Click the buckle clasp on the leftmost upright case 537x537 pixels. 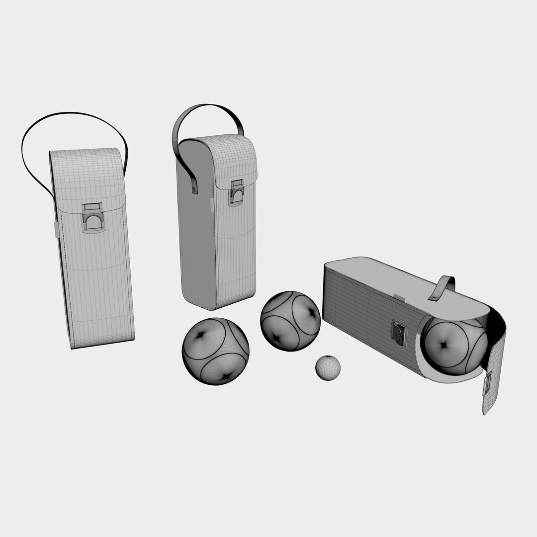click(x=93, y=218)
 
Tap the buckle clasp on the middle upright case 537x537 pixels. click(x=236, y=192)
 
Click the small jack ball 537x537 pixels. click(x=328, y=367)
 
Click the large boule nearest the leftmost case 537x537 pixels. click(x=215, y=351)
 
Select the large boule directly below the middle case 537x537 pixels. click(x=290, y=321)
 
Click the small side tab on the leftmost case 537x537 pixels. click(x=57, y=229)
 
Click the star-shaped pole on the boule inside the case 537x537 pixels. click(x=443, y=343)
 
